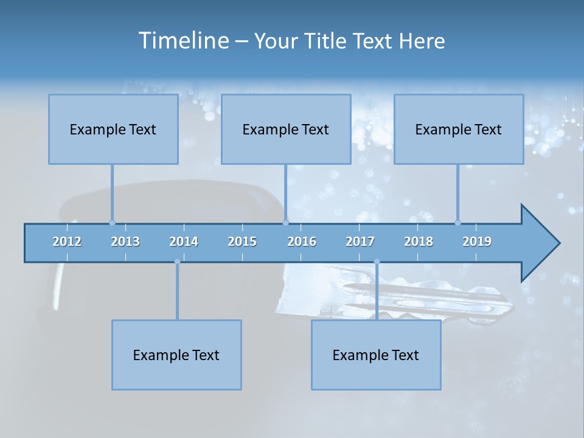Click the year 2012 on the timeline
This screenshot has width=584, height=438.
67,242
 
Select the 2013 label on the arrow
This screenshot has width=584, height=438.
125,242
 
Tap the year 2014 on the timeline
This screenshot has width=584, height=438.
184,242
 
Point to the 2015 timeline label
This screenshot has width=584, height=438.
242,242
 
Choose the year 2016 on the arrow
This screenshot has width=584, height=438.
302,242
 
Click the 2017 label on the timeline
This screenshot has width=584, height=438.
360,242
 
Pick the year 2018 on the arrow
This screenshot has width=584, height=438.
419,242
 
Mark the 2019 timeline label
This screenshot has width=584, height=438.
477,242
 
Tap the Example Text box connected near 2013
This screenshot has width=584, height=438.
113,129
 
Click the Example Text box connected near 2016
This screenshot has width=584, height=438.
286,129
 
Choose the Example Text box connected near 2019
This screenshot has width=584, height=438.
459,129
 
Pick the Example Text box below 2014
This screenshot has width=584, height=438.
176,355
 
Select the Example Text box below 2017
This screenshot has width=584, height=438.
376,355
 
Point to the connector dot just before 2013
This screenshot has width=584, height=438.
112,223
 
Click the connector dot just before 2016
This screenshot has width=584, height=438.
286,223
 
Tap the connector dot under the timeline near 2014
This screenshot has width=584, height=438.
177,262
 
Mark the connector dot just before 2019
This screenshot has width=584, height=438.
457,223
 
